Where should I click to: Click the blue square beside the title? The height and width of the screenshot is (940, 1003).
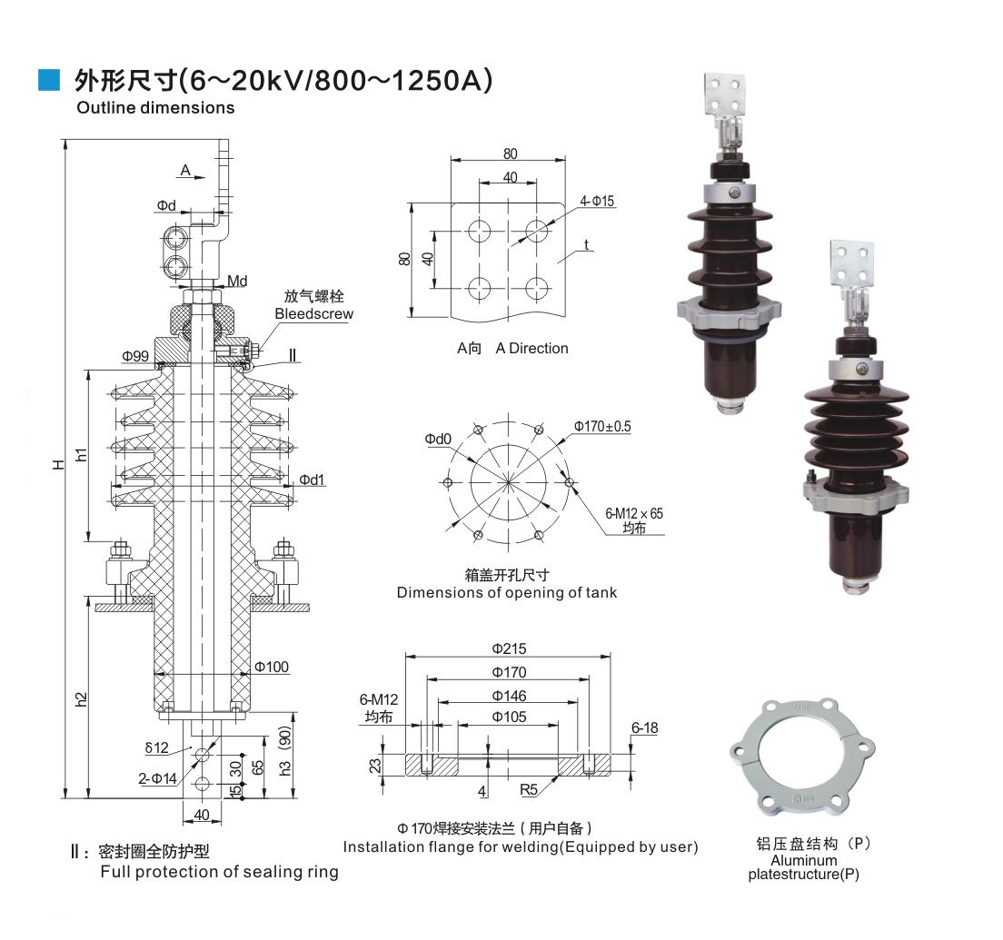[49, 80]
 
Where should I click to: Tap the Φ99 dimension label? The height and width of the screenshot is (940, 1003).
[135, 356]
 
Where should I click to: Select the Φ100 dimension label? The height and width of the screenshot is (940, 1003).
[272, 667]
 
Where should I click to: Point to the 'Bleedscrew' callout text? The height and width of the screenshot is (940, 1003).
[313, 314]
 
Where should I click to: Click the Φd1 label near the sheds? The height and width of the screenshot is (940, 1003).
[313, 480]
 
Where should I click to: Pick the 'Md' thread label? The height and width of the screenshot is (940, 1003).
[237, 282]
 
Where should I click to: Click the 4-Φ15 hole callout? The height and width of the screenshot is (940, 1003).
[597, 201]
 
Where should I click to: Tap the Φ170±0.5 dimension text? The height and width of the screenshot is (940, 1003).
[602, 426]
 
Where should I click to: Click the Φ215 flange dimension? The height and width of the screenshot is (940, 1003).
[509, 649]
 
